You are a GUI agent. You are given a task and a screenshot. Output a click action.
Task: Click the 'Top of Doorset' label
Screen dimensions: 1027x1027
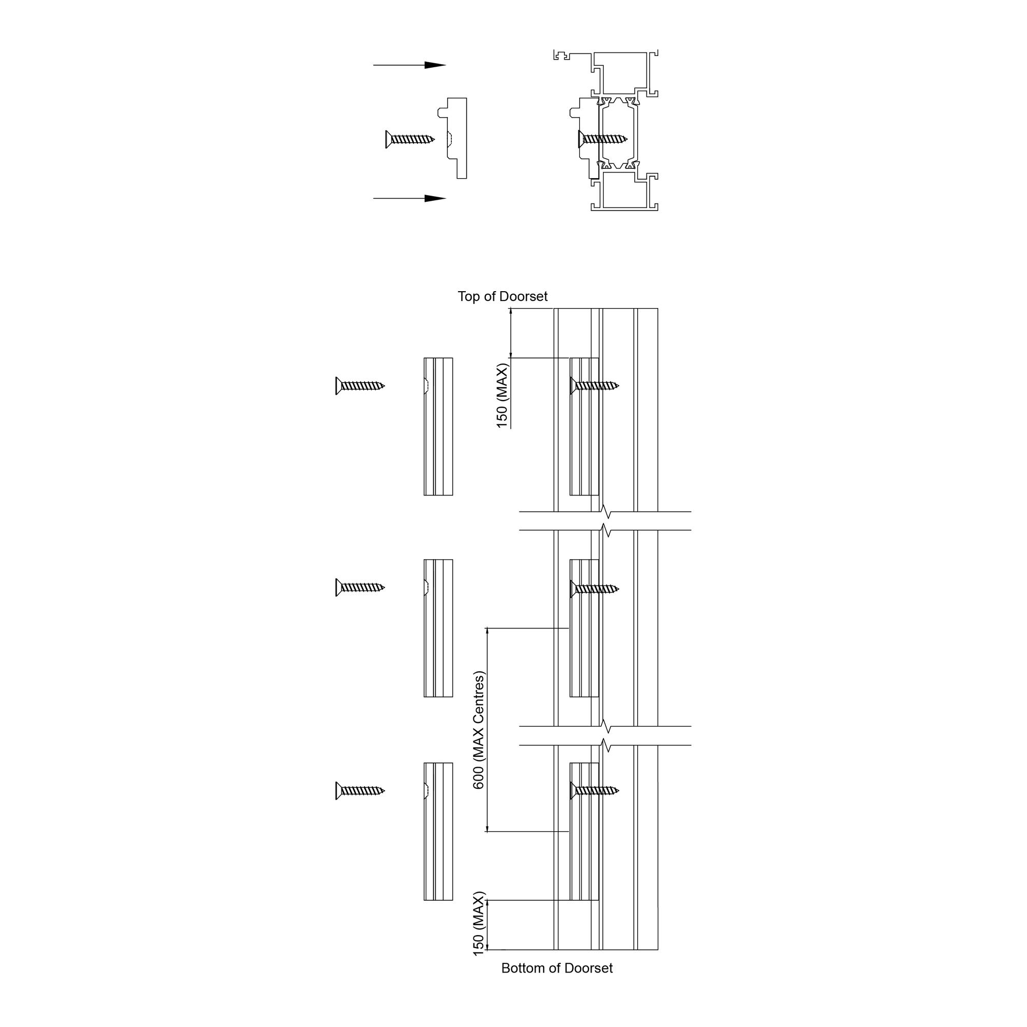(502, 297)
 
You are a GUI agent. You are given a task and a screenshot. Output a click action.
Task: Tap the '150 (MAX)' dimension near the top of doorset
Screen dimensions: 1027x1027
(502, 395)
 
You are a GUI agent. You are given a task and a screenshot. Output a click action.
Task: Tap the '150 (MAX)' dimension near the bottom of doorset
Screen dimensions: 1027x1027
(479, 923)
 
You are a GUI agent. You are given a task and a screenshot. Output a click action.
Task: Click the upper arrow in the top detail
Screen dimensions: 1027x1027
(409, 65)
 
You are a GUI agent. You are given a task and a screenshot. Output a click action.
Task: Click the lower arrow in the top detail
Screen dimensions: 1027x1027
(409, 199)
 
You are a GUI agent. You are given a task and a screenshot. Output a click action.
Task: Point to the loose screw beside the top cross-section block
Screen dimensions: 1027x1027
(410, 139)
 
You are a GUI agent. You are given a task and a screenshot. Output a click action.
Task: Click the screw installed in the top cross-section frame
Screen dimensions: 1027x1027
(603, 139)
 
